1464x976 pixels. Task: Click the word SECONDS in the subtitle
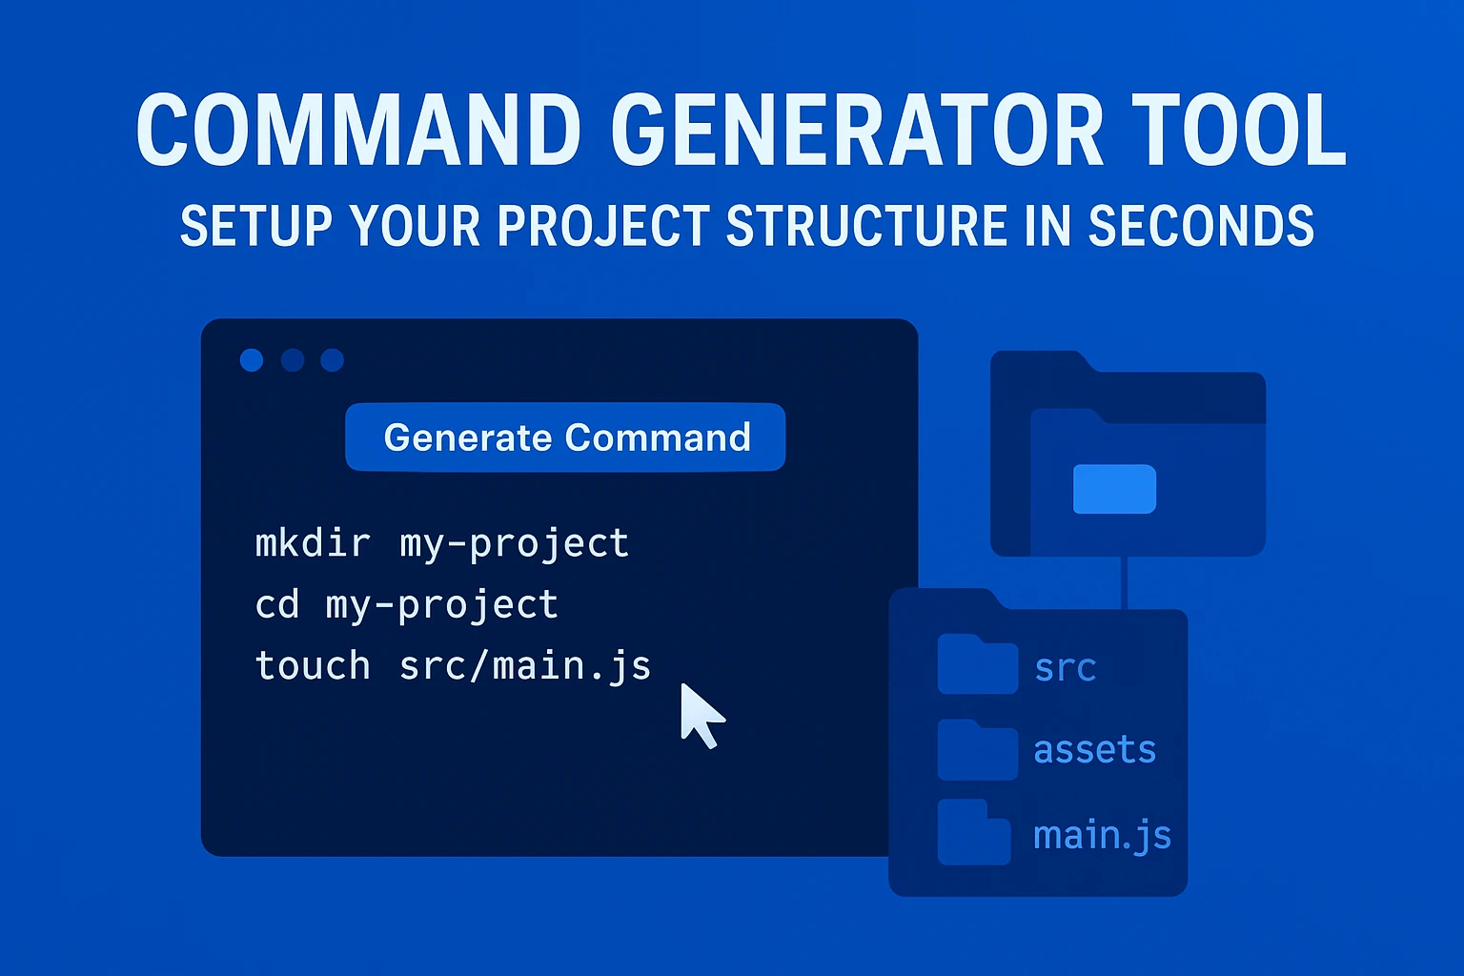pyautogui.click(x=1201, y=227)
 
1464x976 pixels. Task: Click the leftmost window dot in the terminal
pyautogui.click(x=252, y=359)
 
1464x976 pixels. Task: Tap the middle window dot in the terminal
pyautogui.click(x=293, y=359)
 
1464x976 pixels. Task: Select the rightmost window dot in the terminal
pyautogui.click(x=332, y=359)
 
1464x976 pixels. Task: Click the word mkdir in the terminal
pyautogui.click(x=313, y=543)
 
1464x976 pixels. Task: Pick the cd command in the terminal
pyautogui.click(x=277, y=605)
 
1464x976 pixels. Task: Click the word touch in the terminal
pyautogui.click(x=313, y=665)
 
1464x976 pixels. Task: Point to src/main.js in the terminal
pyautogui.click(x=524, y=666)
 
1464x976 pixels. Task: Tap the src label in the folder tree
pyautogui.click(x=1065, y=668)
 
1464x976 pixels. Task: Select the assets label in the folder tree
pyautogui.click(x=1094, y=750)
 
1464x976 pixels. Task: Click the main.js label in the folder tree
pyautogui.click(x=1102, y=835)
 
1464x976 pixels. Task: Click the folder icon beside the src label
pyautogui.click(x=977, y=665)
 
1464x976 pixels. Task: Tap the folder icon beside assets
pyautogui.click(x=977, y=750)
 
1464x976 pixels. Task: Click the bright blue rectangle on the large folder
pyautogui.click(x=1114, y=489)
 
